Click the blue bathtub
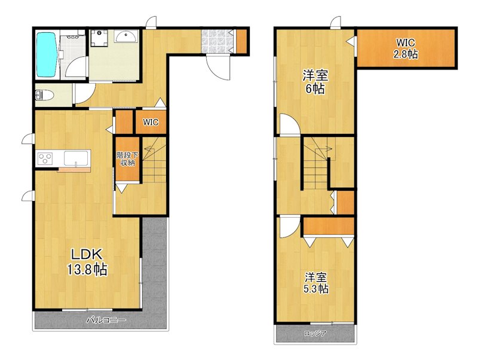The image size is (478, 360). tap(47, 54)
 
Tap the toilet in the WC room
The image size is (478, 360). tap(44, 96)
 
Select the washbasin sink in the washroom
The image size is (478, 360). tap(126, 36)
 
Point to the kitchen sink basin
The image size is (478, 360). tap(76, 158)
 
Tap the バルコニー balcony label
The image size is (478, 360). tap(106, 321)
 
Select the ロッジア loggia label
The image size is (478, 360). tap(315, 334)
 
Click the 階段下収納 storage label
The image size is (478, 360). tap(127, 159)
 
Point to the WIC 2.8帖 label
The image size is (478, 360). tap(406, 48)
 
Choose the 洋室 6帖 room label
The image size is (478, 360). tap(315, 82)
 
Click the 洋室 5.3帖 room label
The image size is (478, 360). tap(316, 283)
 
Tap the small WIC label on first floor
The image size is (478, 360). tap(151, 123)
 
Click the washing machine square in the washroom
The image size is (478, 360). tap(99, 38)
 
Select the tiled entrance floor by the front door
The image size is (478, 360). tap(217, 41)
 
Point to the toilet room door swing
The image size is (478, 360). tap(85, 94)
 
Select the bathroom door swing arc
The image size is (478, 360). tap(77, 68)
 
